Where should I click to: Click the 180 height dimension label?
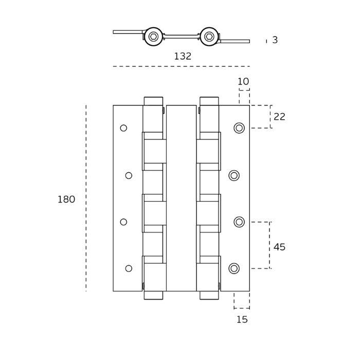pos(66,200)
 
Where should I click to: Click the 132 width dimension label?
pos(183,57)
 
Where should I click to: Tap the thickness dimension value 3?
pos(275,40)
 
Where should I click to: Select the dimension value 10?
pos(243,82)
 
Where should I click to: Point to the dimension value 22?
pos(279,117)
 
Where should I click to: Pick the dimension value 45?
pos(279,247)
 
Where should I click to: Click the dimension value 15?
pos(242,320)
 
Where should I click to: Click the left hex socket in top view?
pos(153,37)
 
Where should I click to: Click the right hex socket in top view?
pos(209,37)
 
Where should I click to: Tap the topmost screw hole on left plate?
pos(123,128)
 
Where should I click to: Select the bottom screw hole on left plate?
pos(129,268)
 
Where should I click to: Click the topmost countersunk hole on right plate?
pos(239,128)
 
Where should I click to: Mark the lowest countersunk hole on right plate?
pos(234,268)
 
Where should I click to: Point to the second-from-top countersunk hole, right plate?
pos(234,176)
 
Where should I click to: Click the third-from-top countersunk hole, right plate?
pos(239,222)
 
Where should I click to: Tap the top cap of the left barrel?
pos(153,101)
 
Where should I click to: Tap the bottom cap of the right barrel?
pos(209,295)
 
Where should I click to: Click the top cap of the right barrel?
pos(209,101)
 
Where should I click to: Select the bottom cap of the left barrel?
pos(153,295)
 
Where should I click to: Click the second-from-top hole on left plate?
pos(129,176)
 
